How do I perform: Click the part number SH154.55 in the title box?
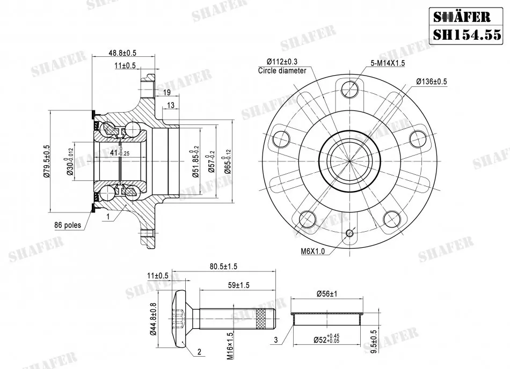point(467,34)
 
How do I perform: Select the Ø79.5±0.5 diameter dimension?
point(46,161)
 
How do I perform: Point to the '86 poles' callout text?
point(67,225)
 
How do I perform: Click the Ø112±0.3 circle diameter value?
point(282,62)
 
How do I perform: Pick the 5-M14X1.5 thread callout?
point(388,63)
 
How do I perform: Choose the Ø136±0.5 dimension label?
point(432,81)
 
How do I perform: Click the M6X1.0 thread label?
point(312,251)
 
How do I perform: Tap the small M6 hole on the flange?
point(350,233)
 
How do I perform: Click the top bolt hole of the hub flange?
point(350,88)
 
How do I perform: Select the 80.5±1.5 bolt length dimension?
point(223,267)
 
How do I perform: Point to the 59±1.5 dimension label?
point(239,285)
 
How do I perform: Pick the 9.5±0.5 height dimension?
point(374,342)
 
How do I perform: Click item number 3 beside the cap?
point(276,340)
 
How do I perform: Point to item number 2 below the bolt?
point(199,352)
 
